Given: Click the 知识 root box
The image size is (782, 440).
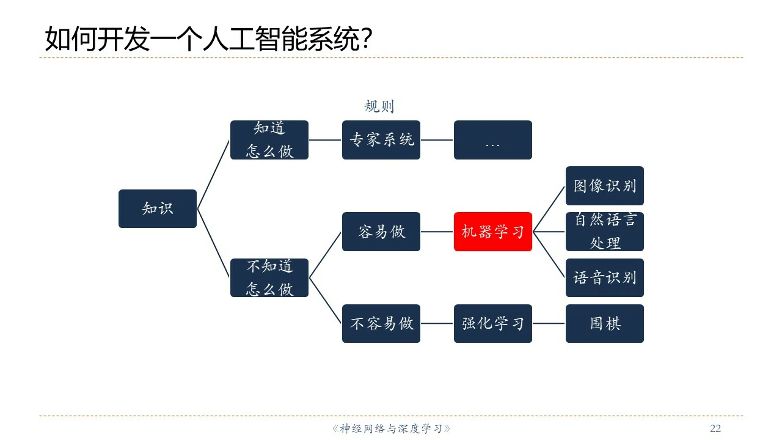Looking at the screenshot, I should pyautogui.click(x=158, y=208).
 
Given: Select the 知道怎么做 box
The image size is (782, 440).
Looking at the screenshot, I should pyautogui.click(x=269, y=140).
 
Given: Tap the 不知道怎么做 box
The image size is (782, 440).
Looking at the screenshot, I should pyautogui.click(x=269, y=277).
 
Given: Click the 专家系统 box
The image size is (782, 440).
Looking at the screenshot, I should pyautogui.click(x=381, y=140).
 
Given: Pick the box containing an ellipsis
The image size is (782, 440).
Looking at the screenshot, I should pyautogui.click(x=493, y=140).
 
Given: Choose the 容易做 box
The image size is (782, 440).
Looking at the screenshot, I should pyautogui.click(x=381, y=232).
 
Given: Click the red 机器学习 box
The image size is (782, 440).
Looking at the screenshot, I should pyautogui.click(x=493, y=232).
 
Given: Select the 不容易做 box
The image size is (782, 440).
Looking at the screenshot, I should pyautogui.click(x=381, y=323).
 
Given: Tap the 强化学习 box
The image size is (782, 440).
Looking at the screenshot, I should pyautogui.click(x=493, y=323).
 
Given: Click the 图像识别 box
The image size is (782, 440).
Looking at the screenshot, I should pyautogui.click(x=605, y=186).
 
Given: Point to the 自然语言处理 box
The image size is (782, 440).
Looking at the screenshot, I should pyautogui.click(x=605, y=232).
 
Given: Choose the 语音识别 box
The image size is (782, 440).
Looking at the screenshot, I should pyautogui.click(x=605, y=277).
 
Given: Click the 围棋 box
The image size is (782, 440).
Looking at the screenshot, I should pyautogui.click(x=605, y=323).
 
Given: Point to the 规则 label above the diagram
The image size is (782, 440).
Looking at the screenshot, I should pyautogui.click(x=379, y=106).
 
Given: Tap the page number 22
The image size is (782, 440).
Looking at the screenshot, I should pyautogui.click(x=715, y=428).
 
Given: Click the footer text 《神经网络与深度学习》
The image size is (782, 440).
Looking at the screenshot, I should pyautogui.click(x=391, y=428).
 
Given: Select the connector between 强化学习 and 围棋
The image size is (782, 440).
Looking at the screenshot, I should pyautogui.click(x=549, y=323).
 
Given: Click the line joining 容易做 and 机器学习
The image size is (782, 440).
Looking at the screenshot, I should pyautogui.click(x=437, y=232).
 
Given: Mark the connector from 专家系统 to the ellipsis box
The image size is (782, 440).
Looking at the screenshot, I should pyautogui.click(x=437, y=140).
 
